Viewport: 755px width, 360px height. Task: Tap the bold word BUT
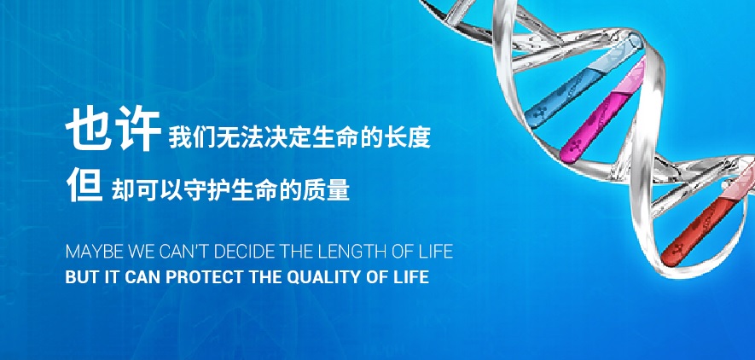(80, 277)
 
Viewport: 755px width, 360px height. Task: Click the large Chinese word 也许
(113, 129)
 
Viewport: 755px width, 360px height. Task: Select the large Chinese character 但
(84, 185)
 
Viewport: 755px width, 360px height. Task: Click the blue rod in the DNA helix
(583, 82)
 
